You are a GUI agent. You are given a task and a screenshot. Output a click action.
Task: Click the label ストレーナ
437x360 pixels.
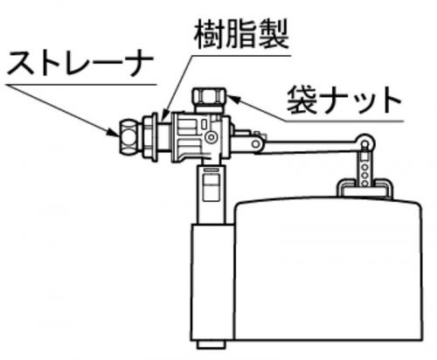point(80,64)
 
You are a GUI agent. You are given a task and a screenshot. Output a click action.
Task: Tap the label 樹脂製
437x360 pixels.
point(241,35)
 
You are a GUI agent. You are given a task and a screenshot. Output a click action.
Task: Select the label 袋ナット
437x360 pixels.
point(343,100)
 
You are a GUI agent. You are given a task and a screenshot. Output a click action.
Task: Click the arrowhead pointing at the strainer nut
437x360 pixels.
point(113,132)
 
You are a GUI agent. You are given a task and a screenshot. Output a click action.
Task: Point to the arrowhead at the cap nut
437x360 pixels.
point(233,99)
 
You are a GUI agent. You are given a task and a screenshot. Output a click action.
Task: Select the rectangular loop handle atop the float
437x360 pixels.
point(366,184)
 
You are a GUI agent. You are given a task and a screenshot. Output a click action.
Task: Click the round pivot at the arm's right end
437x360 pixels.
point(365,142)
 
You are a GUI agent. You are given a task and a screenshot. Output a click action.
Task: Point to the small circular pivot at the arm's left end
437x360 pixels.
point(255,143)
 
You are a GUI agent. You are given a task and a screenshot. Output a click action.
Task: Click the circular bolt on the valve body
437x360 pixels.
point(211,137)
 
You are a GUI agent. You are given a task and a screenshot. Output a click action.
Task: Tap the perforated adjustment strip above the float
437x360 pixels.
point(364,169)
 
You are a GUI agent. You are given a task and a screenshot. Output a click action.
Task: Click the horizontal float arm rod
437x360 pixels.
point(309,146)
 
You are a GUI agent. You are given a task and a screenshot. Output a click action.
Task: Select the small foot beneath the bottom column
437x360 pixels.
point(212,344)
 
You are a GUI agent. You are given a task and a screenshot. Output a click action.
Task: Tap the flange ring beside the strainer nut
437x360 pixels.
point(150,137)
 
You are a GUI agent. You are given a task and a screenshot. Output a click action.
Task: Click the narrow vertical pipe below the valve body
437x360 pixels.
point(212,194)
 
